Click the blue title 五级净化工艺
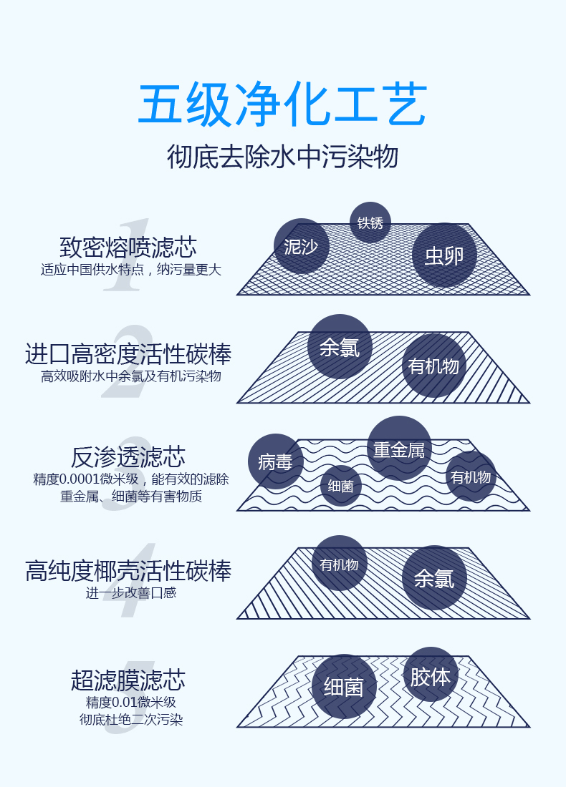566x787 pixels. [x=282, y=104]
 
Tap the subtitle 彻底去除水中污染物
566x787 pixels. [x=282, y=157]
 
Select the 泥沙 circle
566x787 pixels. [x=302, y=246]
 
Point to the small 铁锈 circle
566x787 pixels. [x=370, y=223]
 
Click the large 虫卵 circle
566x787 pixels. [x=444, y=255]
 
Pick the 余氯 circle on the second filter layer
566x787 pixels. [x=340, y=347]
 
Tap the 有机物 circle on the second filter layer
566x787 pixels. [x=433, y=366]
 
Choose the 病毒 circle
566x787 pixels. [x=275, y=461]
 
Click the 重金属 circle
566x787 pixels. [x=400, y=448]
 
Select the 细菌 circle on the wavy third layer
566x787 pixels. [x=341, y=485]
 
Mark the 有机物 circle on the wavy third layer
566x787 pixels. [x=471, y=476]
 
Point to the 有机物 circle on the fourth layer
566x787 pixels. [x=340, y=563]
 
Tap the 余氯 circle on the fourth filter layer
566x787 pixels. [x=434, y=577]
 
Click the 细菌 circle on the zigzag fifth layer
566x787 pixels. [x=344, y=687]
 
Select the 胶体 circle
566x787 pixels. [x=431, y=675]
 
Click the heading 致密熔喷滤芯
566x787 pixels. [x=128, y=247]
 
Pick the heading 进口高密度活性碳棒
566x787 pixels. [x=128, y=354]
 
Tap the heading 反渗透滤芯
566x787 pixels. [x=128, y=456]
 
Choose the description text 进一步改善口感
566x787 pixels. [x=130, y=593]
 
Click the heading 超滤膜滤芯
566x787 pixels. [x=128, y=680]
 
